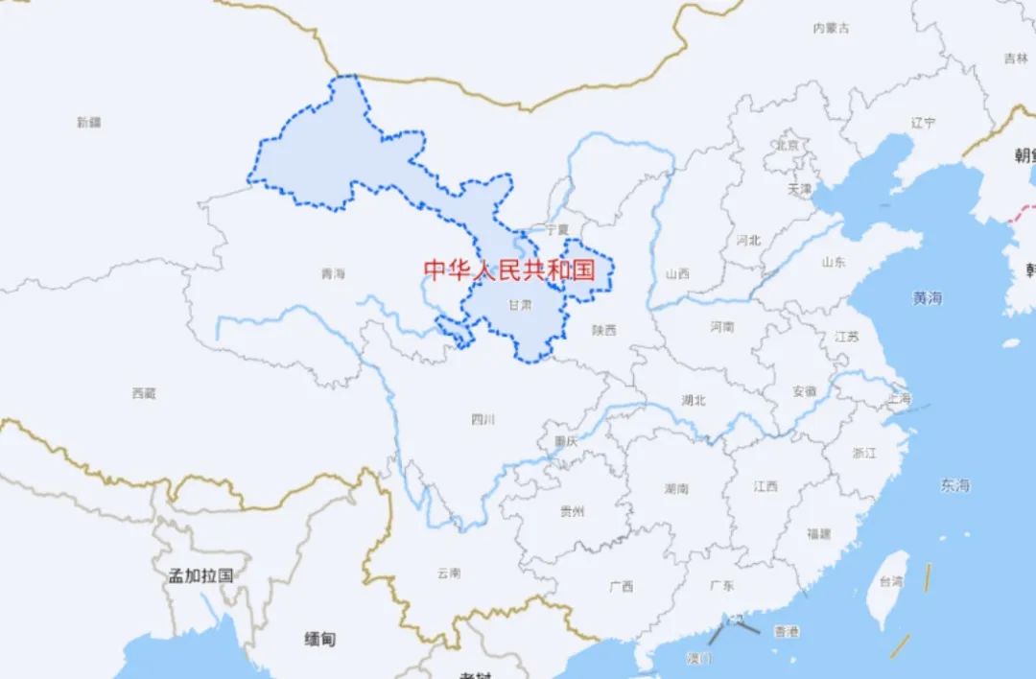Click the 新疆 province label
[88, 122]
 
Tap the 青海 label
[333, 274]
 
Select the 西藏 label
[144, 393]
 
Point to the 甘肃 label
[520, 306]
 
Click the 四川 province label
[483, 419]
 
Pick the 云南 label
[448, 574]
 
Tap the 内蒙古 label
[831, 29]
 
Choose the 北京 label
[787, 146]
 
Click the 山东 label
[834, 262]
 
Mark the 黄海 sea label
[927, 298]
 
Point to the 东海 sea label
[954, 486]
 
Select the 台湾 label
[891, 581]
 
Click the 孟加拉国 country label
[200, 575]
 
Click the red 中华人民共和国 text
[509, 269]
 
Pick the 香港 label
[787, 632]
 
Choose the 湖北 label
[693, 400]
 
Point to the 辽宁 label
[923, 123]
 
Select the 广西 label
[621, 586]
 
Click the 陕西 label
[604, 330]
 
